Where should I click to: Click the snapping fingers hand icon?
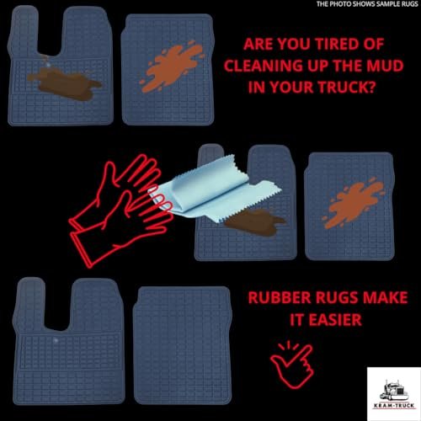292,365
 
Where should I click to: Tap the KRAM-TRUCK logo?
394,394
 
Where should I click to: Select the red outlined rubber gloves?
120,210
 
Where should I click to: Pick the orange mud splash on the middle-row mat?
353,203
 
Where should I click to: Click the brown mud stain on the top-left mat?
65,83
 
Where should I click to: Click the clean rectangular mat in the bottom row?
183,345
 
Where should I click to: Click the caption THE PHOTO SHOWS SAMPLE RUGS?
367,4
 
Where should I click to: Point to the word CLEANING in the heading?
262,66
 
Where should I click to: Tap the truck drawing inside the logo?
394,391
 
